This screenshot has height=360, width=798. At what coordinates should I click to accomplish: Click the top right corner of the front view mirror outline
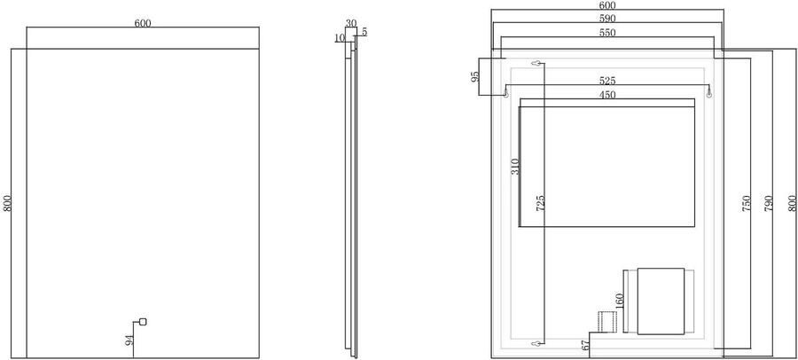[x=259, y=49]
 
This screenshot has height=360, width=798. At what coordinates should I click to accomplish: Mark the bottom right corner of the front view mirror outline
[x=259, y=358]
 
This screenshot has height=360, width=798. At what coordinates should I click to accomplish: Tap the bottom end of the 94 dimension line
[x=133, y=358]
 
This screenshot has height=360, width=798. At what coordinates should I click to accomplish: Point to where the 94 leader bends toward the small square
[x=133, y=322]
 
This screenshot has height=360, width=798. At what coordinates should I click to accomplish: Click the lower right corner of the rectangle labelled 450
[x=694, y=227]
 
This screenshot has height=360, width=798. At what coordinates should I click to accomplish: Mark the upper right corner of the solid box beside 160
[x=684, y=269]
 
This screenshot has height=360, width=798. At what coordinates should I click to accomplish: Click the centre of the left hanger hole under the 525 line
[x=506, y=94]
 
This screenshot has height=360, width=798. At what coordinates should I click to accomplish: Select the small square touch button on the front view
[x=143, y=321]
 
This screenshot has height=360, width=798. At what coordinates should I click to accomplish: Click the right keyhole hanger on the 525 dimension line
[x=709, y=94]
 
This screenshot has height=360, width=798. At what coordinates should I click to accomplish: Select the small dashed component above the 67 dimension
[x=606, y=322]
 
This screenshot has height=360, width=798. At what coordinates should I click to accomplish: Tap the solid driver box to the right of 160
[x=661, y=301]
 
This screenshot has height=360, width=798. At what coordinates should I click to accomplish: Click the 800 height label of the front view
[x=6, y=204]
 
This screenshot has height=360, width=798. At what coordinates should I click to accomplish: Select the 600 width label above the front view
[x=143, y=22]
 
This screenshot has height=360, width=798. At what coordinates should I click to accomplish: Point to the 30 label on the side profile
[x=350, y=23]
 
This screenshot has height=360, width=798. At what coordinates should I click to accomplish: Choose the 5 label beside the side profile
[x=364, y=32]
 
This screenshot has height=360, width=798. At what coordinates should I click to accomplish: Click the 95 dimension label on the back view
[x=475, y=76]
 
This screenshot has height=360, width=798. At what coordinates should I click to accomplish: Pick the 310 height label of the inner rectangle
[x=514, y=167]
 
